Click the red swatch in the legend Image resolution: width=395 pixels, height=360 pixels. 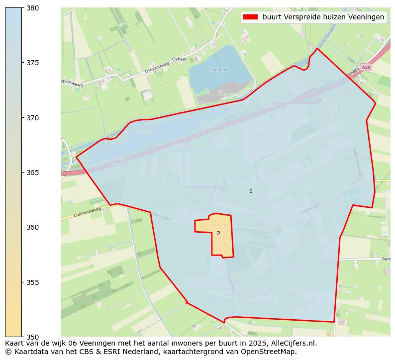[x=250, y=17]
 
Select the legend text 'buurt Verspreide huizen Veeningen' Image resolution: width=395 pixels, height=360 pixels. [x=323, y=17]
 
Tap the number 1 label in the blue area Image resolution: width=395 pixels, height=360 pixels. [x=251, y=191]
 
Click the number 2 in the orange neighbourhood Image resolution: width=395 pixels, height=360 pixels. [x=218, y=233]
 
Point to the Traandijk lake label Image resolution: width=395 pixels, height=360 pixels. [x=218, y=70]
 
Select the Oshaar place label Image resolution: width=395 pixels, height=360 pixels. [x=179, y=59]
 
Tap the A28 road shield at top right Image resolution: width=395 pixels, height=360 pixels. [x=366, y=67]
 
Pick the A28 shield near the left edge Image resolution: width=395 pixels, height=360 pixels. [x=117, y=162]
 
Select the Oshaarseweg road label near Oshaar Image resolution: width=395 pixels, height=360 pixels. [x=157, y=68]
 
